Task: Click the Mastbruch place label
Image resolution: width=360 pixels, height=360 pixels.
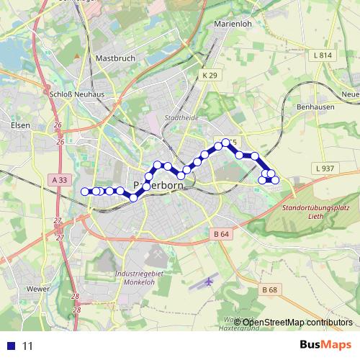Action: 115,58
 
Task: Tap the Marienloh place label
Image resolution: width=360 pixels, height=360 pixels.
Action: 232,24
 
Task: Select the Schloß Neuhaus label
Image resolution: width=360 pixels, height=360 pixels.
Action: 72,94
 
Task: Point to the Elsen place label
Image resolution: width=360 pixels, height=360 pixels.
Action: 21,125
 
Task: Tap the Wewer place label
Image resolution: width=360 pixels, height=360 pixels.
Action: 37,289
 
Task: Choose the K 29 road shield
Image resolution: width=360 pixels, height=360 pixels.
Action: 209,75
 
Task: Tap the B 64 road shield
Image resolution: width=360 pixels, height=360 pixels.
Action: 221,233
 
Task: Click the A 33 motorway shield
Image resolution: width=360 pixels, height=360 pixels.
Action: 60,180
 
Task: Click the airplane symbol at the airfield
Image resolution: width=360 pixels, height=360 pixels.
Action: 208,280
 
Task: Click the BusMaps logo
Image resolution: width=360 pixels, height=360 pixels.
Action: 326,345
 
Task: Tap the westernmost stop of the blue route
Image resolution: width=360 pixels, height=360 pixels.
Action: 85,191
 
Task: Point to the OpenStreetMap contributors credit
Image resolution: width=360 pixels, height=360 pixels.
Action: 297,323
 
